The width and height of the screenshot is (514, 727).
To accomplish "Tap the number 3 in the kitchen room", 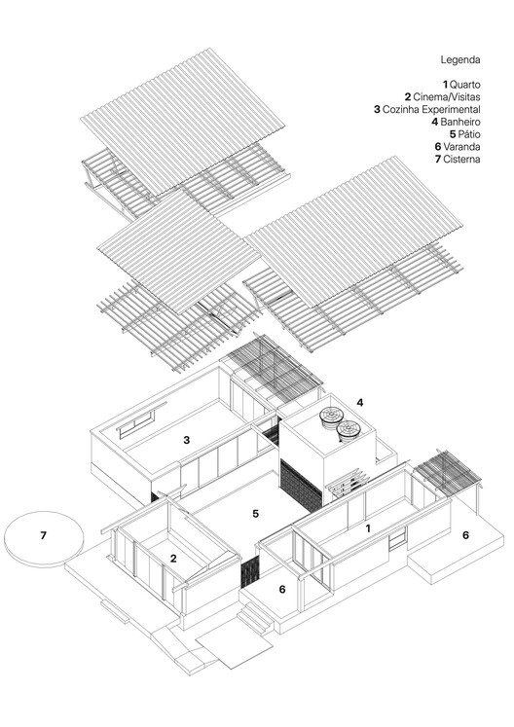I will pyautogui.click(x=187, y=440).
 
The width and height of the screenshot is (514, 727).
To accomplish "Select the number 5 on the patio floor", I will pyautogui.click(x=255, y=512).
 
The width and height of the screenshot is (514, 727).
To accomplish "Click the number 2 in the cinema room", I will pyautogui.click(x=172, y=558).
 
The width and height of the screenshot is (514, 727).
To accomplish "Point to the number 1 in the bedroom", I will pyautogui.click(x=367, y=527).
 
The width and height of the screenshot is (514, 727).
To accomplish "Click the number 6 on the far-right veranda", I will pyautogui.click(x=465, y=535).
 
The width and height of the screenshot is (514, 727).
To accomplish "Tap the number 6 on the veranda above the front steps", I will pyautogui.click(x=282, y=589).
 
